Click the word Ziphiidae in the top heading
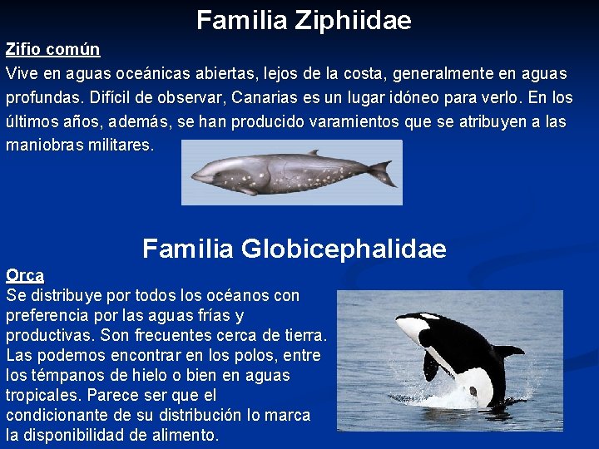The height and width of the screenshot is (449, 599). click(354, 20)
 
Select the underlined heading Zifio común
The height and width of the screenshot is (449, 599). click(52, 50)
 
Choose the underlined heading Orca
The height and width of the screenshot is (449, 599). click(25, 275)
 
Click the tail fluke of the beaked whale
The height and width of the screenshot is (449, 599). click(383, 173)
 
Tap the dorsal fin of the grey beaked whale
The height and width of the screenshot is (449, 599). click(313, 153)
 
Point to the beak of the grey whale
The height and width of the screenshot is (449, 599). click(197, 176)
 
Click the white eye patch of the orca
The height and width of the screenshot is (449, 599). click(429, 317)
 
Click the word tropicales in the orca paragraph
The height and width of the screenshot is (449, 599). click(42, 396)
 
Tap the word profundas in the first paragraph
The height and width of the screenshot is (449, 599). click(41, 98)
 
